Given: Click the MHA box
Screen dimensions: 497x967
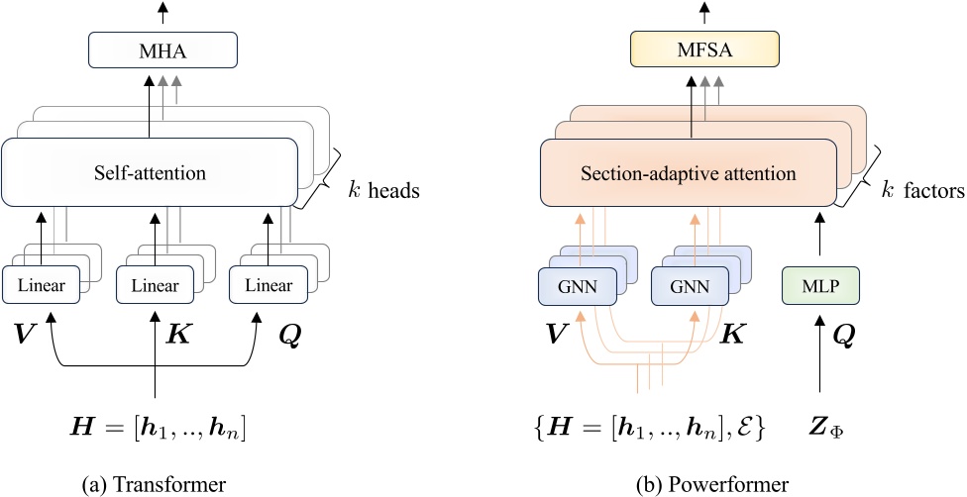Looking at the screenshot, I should pyautogui.click(x=163, y=50).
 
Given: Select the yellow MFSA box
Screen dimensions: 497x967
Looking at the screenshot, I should pyautogui.click(x=703, y=50).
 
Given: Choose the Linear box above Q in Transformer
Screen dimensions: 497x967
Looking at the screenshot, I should pyautogui.click(x=269, y=287).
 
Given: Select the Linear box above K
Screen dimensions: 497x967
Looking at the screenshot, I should pyautogui.click(x=156, y=287).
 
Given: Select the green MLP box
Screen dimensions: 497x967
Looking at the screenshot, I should pyautogui.click(x=818, y=287).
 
